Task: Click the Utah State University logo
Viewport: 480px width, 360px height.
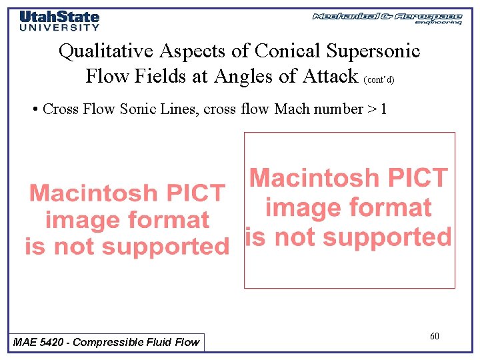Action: coord(59,20)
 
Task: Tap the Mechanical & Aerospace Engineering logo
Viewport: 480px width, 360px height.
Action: coord(387,18)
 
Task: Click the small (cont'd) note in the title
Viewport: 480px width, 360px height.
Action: coord(379,80)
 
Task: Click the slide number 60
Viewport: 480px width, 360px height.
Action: coord(434,336)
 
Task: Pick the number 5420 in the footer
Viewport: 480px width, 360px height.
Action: coord(51,343)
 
